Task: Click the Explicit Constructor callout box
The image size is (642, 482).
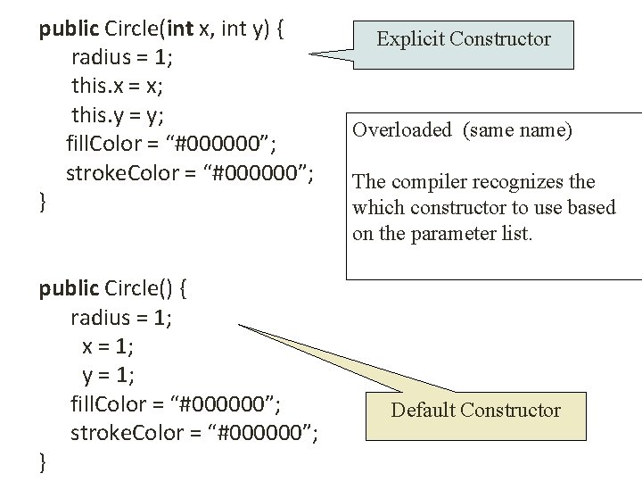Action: coord(463,39)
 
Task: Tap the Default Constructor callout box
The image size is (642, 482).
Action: coord(475,411)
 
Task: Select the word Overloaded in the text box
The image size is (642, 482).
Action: coord(402,130)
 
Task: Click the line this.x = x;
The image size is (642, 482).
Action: coord(118,87)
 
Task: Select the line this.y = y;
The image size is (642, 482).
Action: coord(118,115)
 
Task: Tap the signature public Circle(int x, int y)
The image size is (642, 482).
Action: coord(161,29)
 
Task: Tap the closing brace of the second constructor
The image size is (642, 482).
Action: coord(43,461)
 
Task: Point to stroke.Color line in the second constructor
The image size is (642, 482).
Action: coord(194,433)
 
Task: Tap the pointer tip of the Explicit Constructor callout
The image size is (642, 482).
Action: coord(311,55)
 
